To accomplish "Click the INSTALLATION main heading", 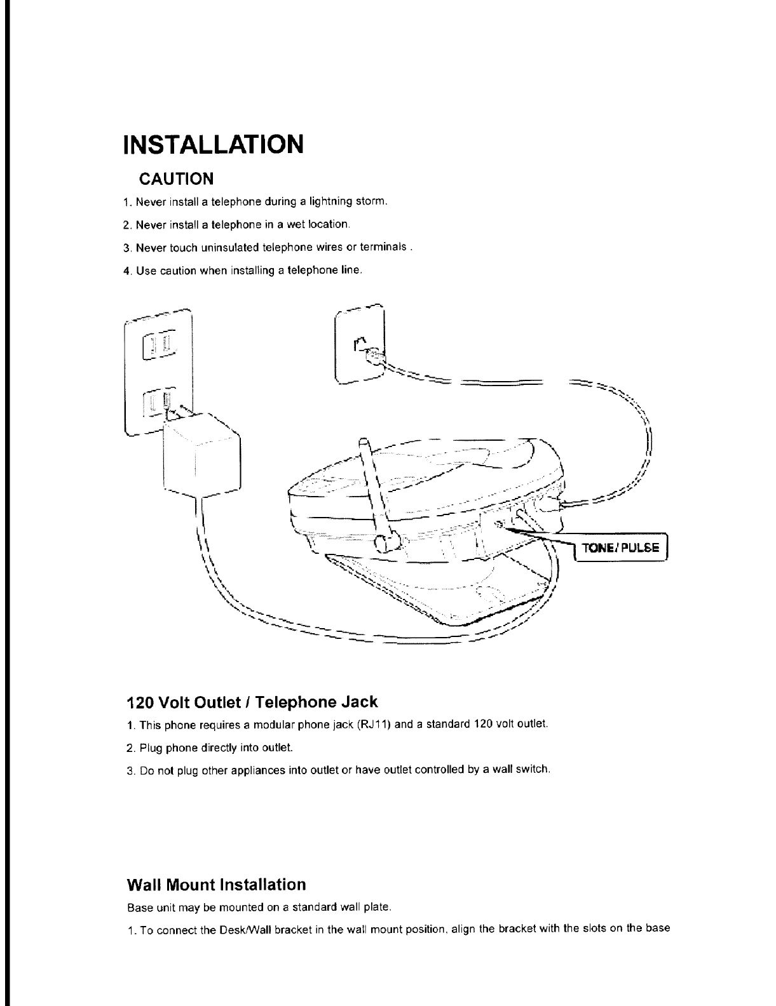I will [213, 145].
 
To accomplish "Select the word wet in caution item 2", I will [297, 225].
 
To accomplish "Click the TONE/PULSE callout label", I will [620, 549].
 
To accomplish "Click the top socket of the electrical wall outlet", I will [160, 345].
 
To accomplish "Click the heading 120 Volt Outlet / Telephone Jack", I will [252, 702].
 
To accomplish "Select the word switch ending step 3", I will [532, 770].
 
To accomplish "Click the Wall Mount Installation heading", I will [216, 884].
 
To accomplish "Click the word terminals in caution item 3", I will [384, 247].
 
